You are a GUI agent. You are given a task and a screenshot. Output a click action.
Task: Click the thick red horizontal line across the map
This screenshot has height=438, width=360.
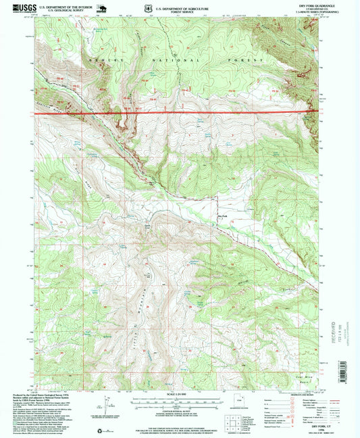tap(176, 112)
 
